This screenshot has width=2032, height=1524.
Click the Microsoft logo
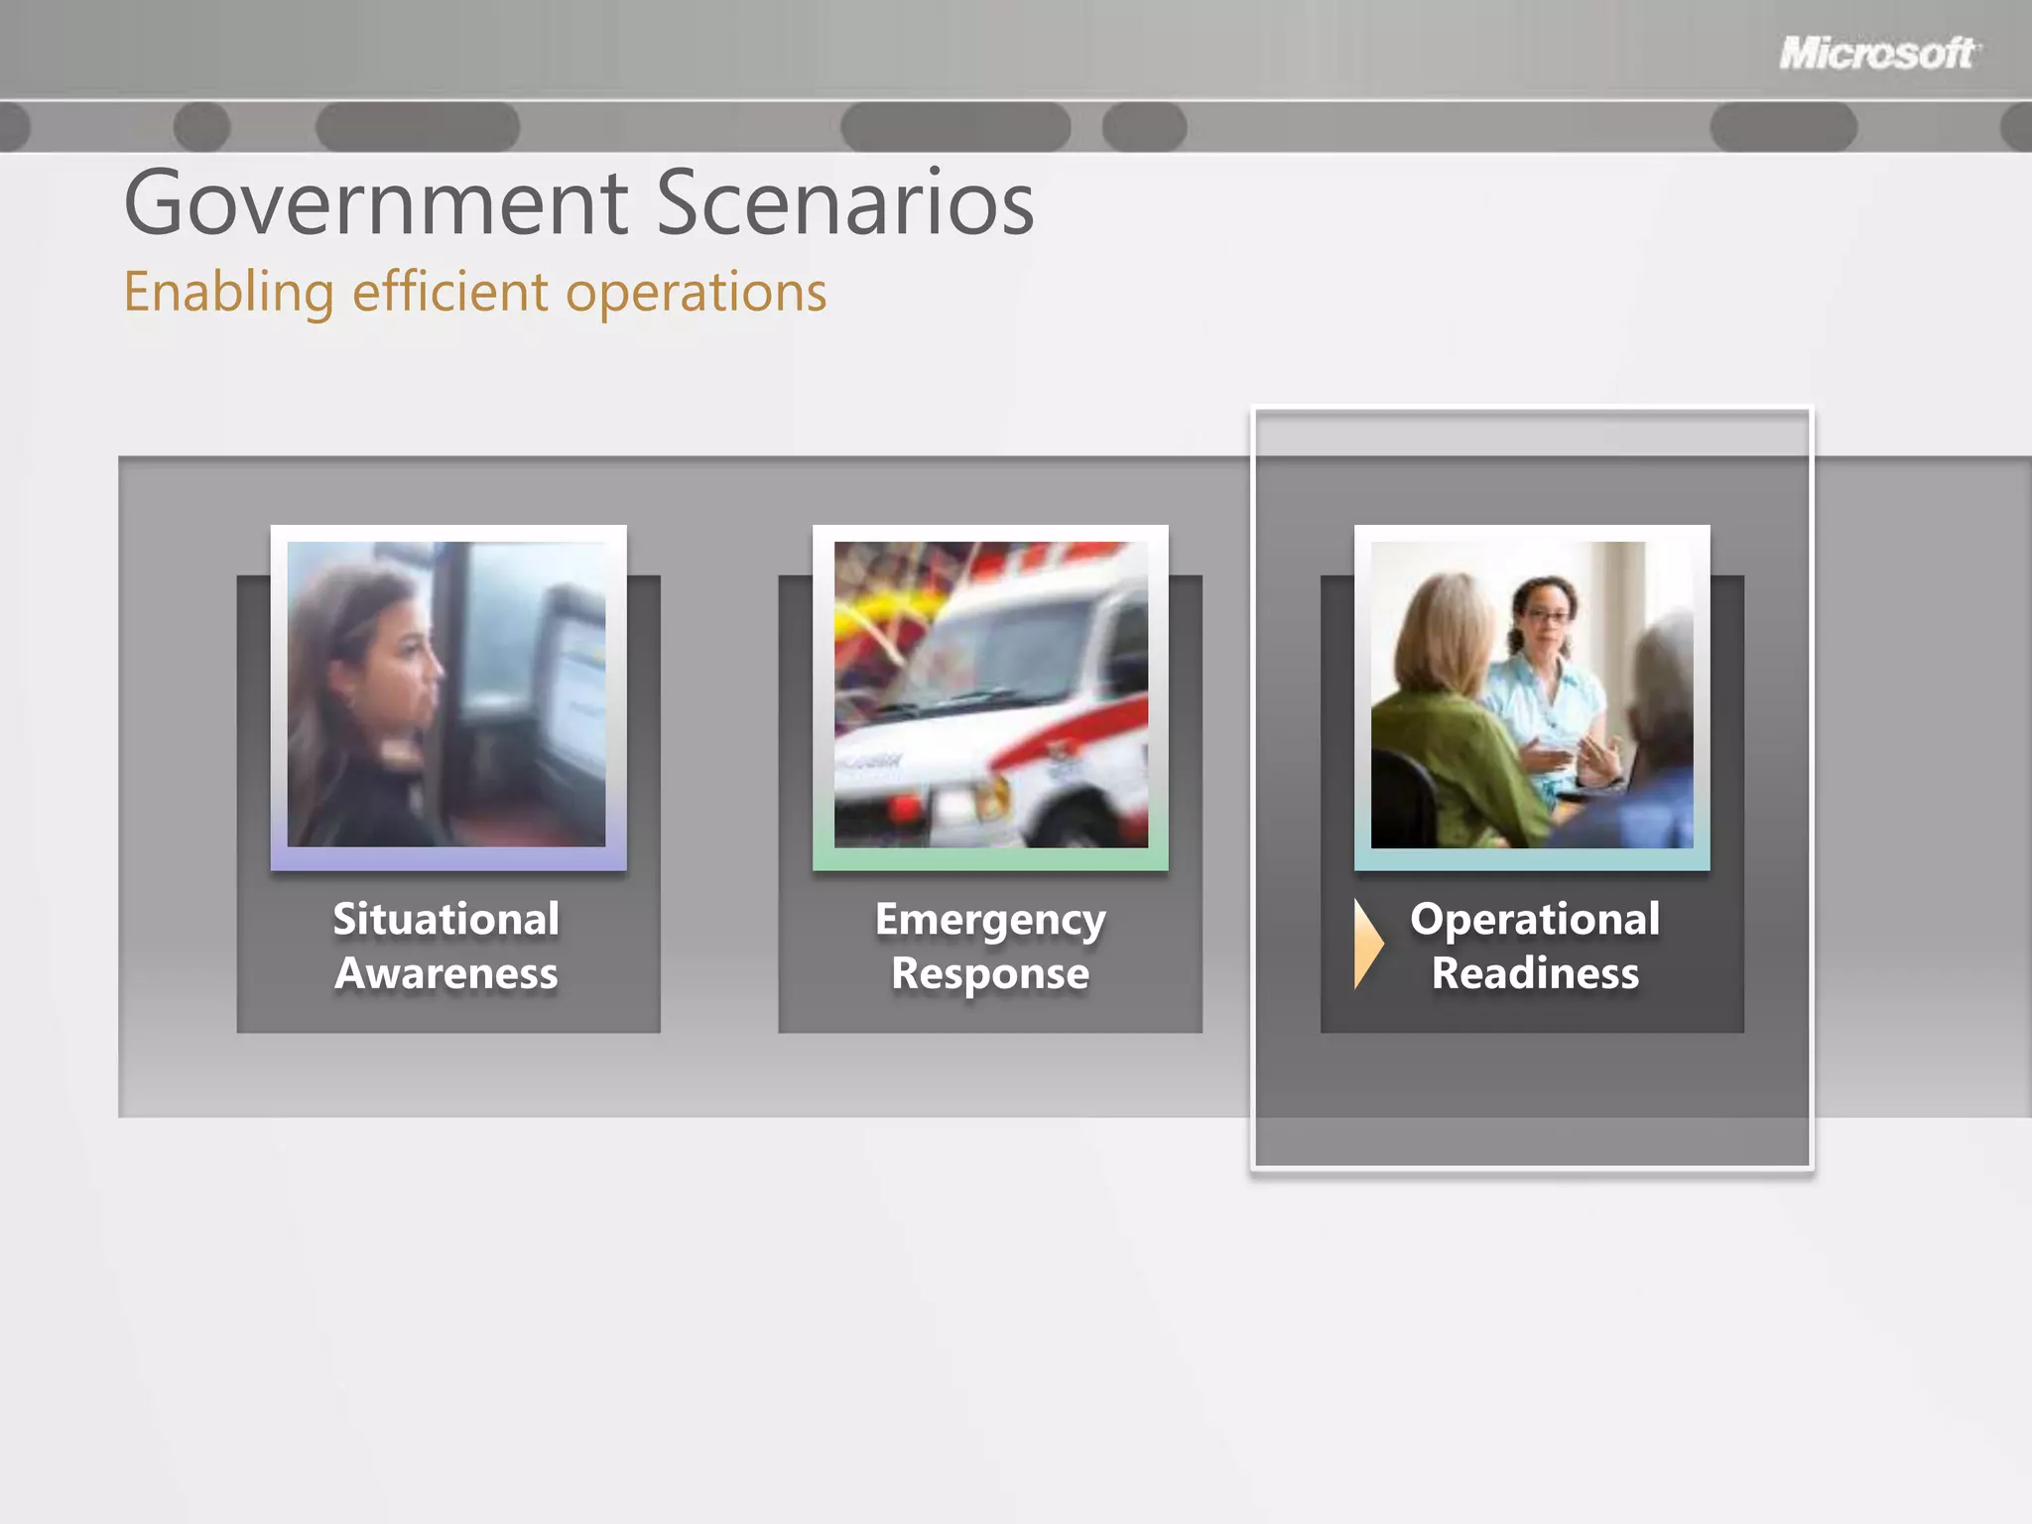point(1878,53)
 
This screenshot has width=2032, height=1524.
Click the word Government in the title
point(375,204)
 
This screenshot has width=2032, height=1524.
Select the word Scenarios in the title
point(844,202)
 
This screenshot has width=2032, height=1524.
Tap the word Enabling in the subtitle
point(228,293)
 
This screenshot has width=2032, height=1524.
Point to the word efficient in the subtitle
point(449,292)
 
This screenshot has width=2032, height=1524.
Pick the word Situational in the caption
point(445,919)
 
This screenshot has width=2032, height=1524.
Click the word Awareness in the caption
point(445,973)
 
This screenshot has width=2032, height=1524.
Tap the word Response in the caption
point(989,973)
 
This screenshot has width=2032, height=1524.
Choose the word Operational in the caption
point(1534,919)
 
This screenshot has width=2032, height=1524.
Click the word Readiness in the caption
point(1534,973)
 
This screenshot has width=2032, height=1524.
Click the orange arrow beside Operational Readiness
point(1368,944)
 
